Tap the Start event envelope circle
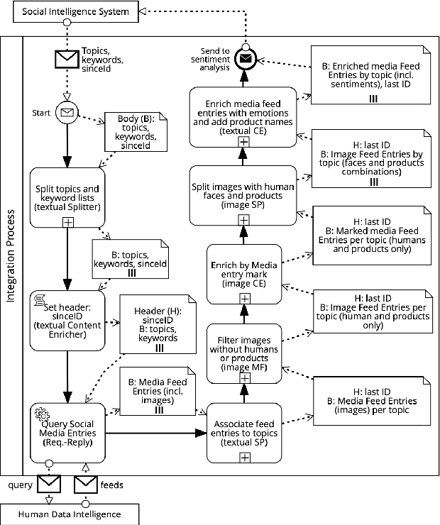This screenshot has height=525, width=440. click(x=67, y=112)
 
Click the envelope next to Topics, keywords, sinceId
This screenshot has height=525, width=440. click(x=67, y=60)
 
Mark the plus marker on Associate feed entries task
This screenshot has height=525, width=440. click(x=243, y=458)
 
